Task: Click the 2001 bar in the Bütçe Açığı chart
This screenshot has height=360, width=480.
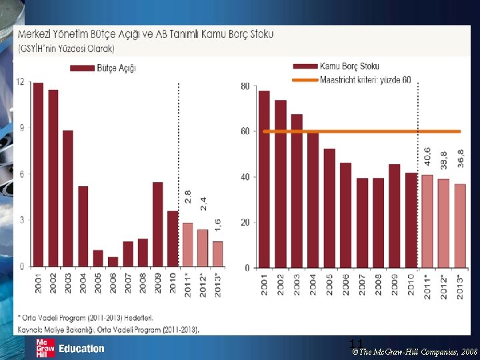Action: tap(38, 175)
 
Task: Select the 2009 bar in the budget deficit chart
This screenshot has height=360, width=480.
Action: tap(157, 224)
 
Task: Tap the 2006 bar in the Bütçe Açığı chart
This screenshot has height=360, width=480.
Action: tap(113, 261)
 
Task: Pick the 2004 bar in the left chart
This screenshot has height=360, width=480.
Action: tap(83, 226)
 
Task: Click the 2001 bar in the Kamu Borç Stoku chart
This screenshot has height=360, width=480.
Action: tap(264, 179)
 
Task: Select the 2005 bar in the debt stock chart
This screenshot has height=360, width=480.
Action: tap(329, 208)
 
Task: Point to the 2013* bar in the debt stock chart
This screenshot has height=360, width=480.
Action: tap(460, 226)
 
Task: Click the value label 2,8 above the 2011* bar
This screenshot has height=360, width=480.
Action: tap(188, 197)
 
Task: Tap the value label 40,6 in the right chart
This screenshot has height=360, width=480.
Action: tap(427, 157)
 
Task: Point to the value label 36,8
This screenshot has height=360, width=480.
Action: tap(461, 160)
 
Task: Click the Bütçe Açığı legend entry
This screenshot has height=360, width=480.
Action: tap(103, 68)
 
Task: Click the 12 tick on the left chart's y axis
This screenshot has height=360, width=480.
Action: tap(20, 82)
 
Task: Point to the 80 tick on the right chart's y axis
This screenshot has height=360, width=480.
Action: tap(245, 87)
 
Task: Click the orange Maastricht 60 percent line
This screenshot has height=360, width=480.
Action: tap(347, 131)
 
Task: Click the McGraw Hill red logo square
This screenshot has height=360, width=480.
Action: tap(45, 348)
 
